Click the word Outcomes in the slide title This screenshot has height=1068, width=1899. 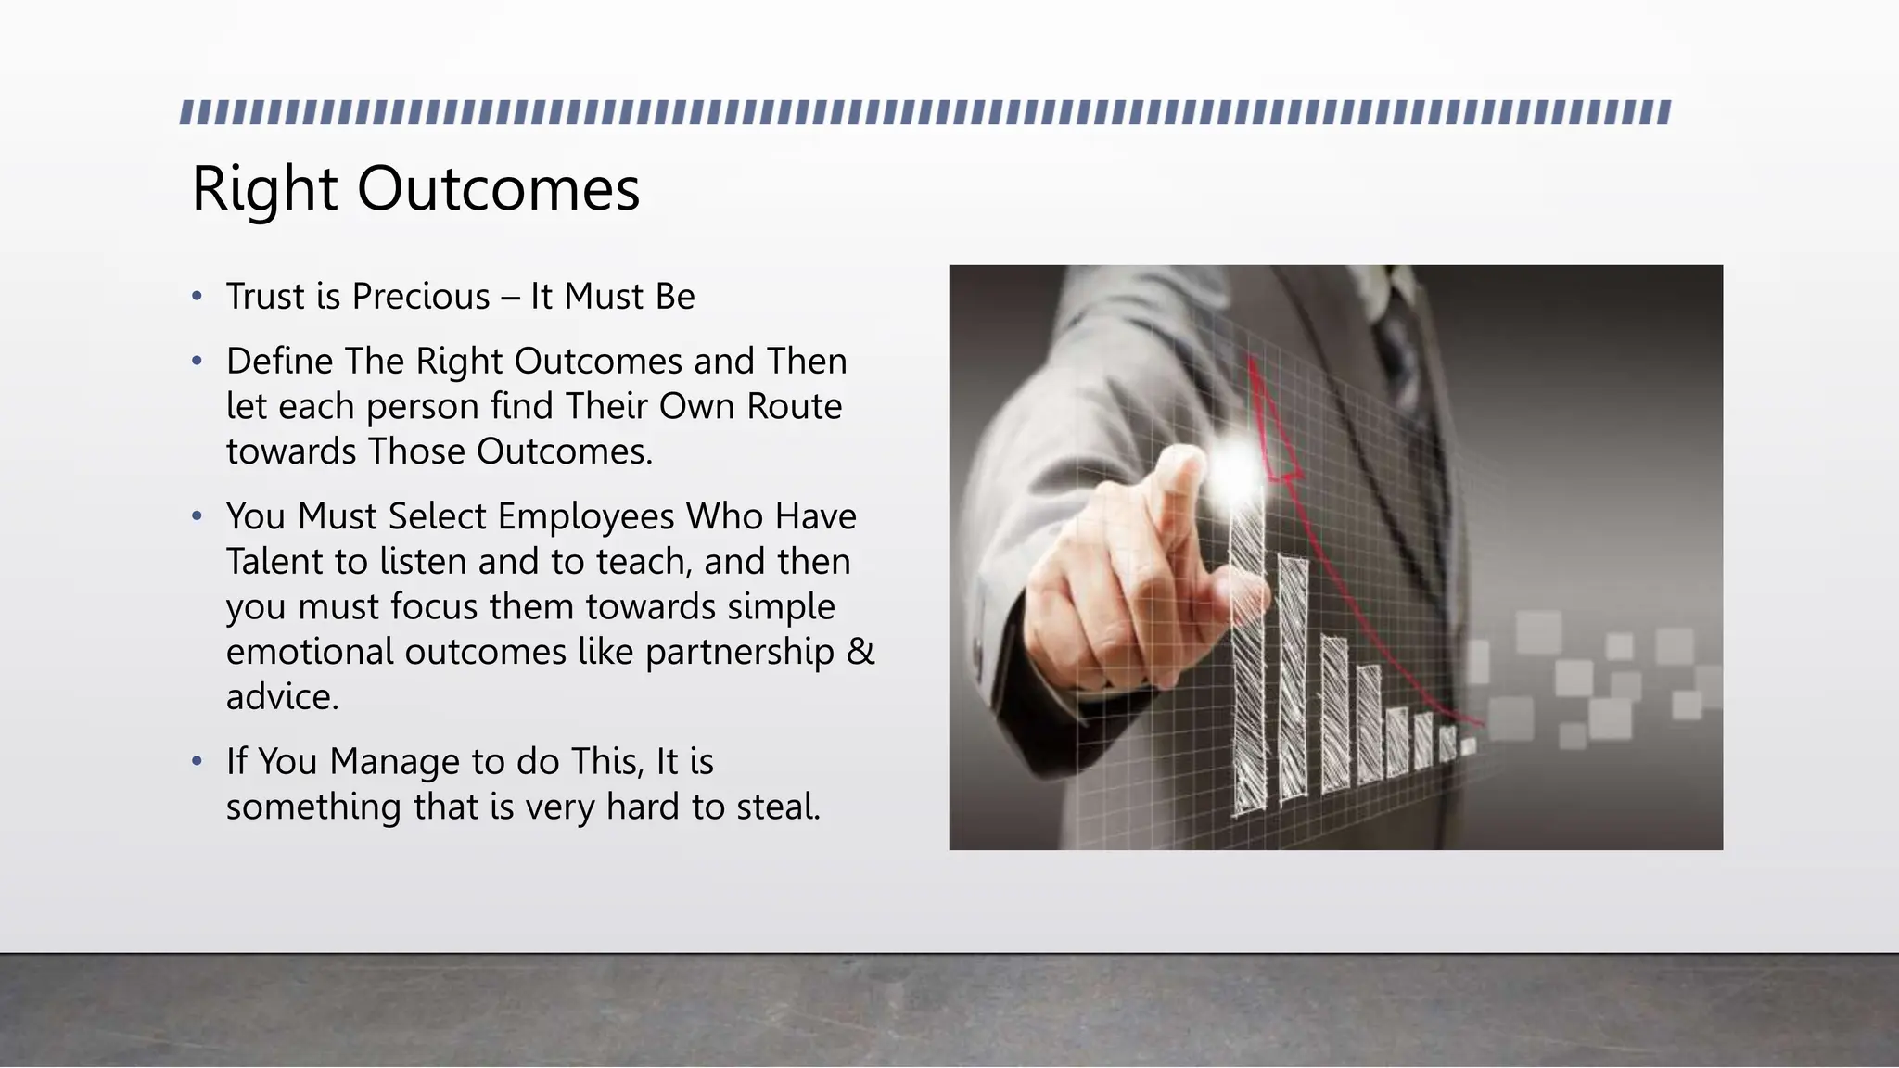pyautogui.click(x=498, y=189)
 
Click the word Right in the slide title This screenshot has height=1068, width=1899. pyautogui.click(x=264, y=189)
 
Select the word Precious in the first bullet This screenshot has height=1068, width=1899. pyautogui.click(x=421, y=297)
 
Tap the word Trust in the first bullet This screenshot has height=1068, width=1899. pyautogui.click(x=265, y=297)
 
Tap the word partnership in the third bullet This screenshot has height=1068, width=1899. pyautogui.click(x=740, y=652)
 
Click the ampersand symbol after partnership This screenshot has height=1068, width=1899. pyautogui.click(x=860, y=652)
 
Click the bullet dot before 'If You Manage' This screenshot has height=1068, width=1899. pyautogui.click(x=197, y=762)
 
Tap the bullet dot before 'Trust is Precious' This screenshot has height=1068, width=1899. pyautogui.click(x=197, y=297)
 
